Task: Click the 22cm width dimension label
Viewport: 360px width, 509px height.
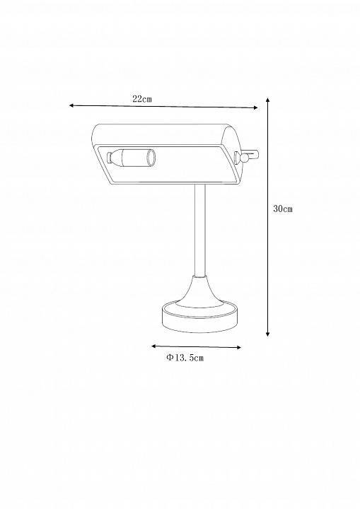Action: (142, 99)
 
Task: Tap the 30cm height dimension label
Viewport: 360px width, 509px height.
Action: (283, 209)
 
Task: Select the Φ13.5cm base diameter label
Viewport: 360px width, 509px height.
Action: (185, 358)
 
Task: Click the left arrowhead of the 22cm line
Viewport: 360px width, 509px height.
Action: (71, 105)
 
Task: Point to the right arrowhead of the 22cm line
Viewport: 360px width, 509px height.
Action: (255, 107)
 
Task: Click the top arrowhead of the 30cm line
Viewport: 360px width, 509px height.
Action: (268, 100)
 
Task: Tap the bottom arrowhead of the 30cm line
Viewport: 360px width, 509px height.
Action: (268, 334)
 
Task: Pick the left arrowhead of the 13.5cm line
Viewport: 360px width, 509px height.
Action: (153, 346)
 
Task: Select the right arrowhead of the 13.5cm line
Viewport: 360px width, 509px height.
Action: (238, 347)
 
